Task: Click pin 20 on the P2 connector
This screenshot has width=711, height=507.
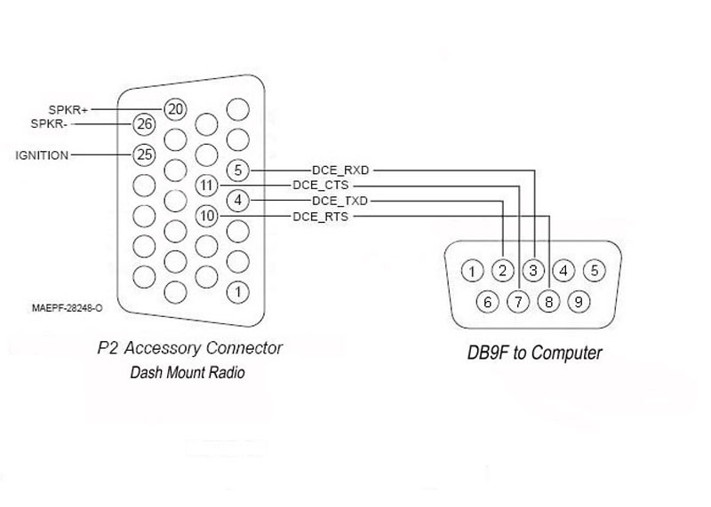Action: click(x=175, y=109)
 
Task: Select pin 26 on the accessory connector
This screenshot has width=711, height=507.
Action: click(x=144, y=124)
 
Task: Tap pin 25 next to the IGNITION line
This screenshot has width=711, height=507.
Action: click(x=144, y=155)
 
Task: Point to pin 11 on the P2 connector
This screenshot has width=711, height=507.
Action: click(x=207, y=186)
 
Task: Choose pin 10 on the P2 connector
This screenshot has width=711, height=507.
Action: click(x=207, y=216)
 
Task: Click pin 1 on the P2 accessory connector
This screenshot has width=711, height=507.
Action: click(x=238, y=292)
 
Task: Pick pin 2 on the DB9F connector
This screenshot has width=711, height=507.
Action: click(x=502, y=271)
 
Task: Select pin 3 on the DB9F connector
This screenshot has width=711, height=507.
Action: click(x=533, y=271)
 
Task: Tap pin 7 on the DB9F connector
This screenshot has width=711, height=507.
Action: click(x=518, y=302)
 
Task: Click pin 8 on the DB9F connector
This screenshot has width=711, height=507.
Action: click(x=548, y=302)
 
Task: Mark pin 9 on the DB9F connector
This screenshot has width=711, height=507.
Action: click(x=579, y=302)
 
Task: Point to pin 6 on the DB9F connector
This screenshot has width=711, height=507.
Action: click(x=488, y=302)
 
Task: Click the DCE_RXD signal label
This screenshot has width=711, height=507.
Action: click(x=340, y=170)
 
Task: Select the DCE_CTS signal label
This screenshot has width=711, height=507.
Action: click(x=321, y=186)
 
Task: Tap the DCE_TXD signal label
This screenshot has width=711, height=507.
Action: click(x=340, y=201)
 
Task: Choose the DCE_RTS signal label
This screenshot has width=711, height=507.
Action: click(x=321, y=217)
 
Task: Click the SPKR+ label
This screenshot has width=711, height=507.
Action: click(x=68, y=109)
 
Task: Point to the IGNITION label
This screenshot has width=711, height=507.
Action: click(x=42, y=155)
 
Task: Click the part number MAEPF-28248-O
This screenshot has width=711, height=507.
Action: click(x=68, y=308)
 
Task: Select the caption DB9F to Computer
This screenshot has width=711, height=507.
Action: click(x=535, y=353)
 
